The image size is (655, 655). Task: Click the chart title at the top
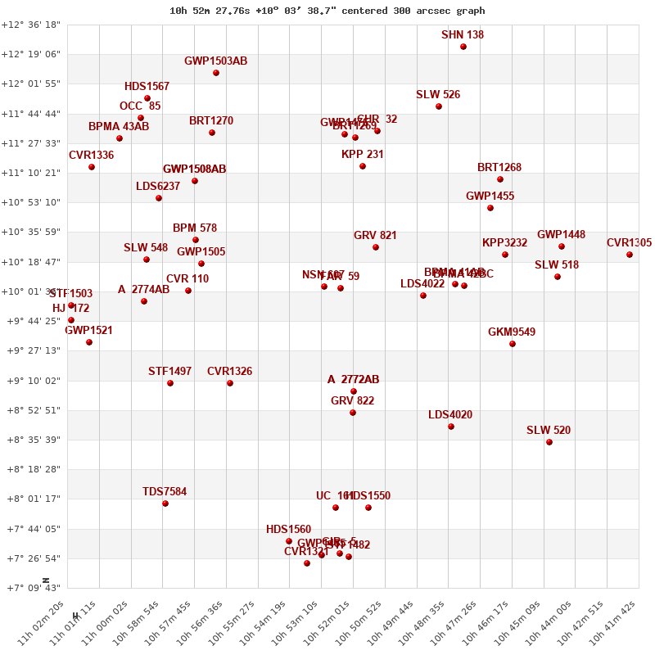coord(327,11)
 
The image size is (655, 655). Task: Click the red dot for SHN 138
coord(463,47)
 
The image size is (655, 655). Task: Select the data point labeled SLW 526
coord(439,106)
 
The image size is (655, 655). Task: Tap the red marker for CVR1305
coord(630,255)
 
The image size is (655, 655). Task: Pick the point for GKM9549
coord(513,344)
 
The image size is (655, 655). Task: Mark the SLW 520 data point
coord(549,442)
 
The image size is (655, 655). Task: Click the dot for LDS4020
coord(451,427)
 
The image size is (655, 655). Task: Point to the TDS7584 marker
coord(165,504)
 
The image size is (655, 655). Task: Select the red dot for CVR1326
coord(230,383)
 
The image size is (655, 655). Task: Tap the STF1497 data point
coord(170,383)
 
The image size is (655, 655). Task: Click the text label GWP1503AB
coord(215,61)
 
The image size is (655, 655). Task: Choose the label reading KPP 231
coord(363,155)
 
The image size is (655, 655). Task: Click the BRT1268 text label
coord(499,168)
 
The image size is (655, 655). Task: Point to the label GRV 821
coord(375,236)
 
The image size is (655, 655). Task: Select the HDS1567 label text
coord(147,87)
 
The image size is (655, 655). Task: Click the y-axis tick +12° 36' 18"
coord(31,25)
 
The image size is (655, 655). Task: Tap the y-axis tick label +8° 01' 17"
coord(31,499)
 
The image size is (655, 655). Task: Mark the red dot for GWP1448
coord(562,246)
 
